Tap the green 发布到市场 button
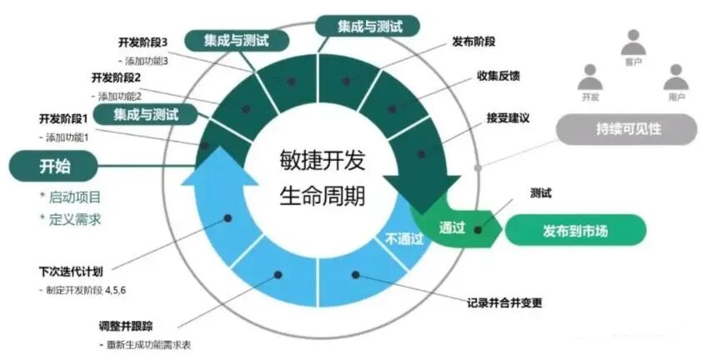[574, 229]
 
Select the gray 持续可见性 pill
[625, 130]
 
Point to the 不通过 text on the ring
[404, 237]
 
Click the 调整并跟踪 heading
[127, 326]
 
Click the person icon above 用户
[675, 77]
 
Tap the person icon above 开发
[589, 77]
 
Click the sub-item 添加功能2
[125, 96]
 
